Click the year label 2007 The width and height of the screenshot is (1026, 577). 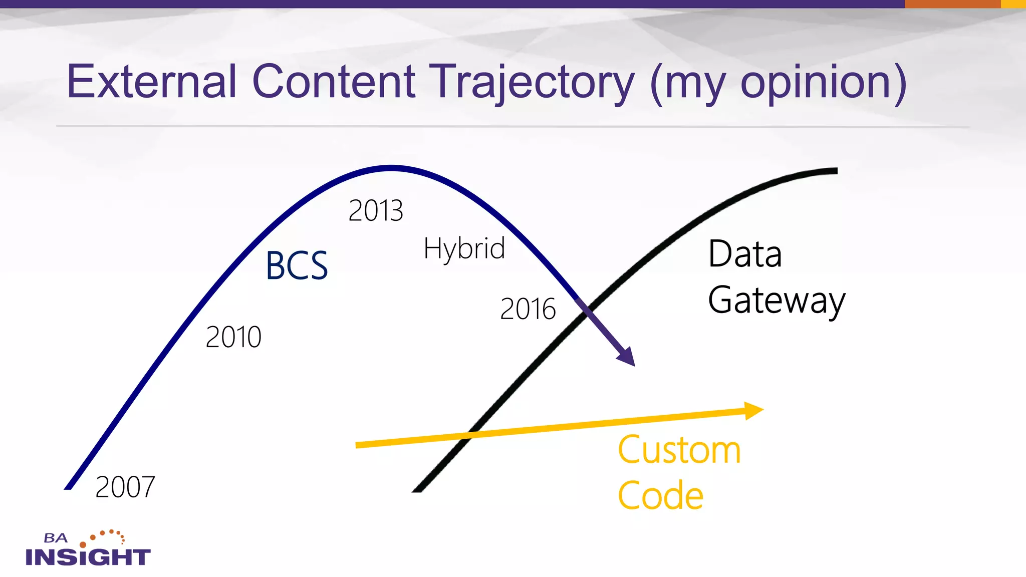(x=125, y=487)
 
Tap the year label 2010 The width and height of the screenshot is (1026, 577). (x=233, y=337)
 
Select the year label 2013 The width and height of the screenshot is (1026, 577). (x=376, y=211)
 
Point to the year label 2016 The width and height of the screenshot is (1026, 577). (x=528, y=309)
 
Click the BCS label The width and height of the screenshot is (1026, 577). (x=297, y=266)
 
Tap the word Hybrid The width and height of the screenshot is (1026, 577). (x=464, y=249)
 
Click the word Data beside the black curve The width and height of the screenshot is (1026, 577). (x=745, y=254)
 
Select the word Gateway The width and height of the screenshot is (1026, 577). (x=777, y=301)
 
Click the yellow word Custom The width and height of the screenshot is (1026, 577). (x=679, y=450)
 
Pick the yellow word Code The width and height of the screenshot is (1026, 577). (x=660, y=496)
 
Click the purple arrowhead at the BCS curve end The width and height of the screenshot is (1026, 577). (x=627, y=357)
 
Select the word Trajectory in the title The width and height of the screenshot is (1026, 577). (x=534, y=83)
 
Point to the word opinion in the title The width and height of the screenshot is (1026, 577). (x=817, y=83)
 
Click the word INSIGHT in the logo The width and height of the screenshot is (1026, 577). (x=88, y=557)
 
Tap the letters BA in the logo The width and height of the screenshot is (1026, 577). (x=55, y=538)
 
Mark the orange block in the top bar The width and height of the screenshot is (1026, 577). (x=952, y=4)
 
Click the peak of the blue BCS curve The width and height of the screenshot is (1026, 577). (x=391, y=168)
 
